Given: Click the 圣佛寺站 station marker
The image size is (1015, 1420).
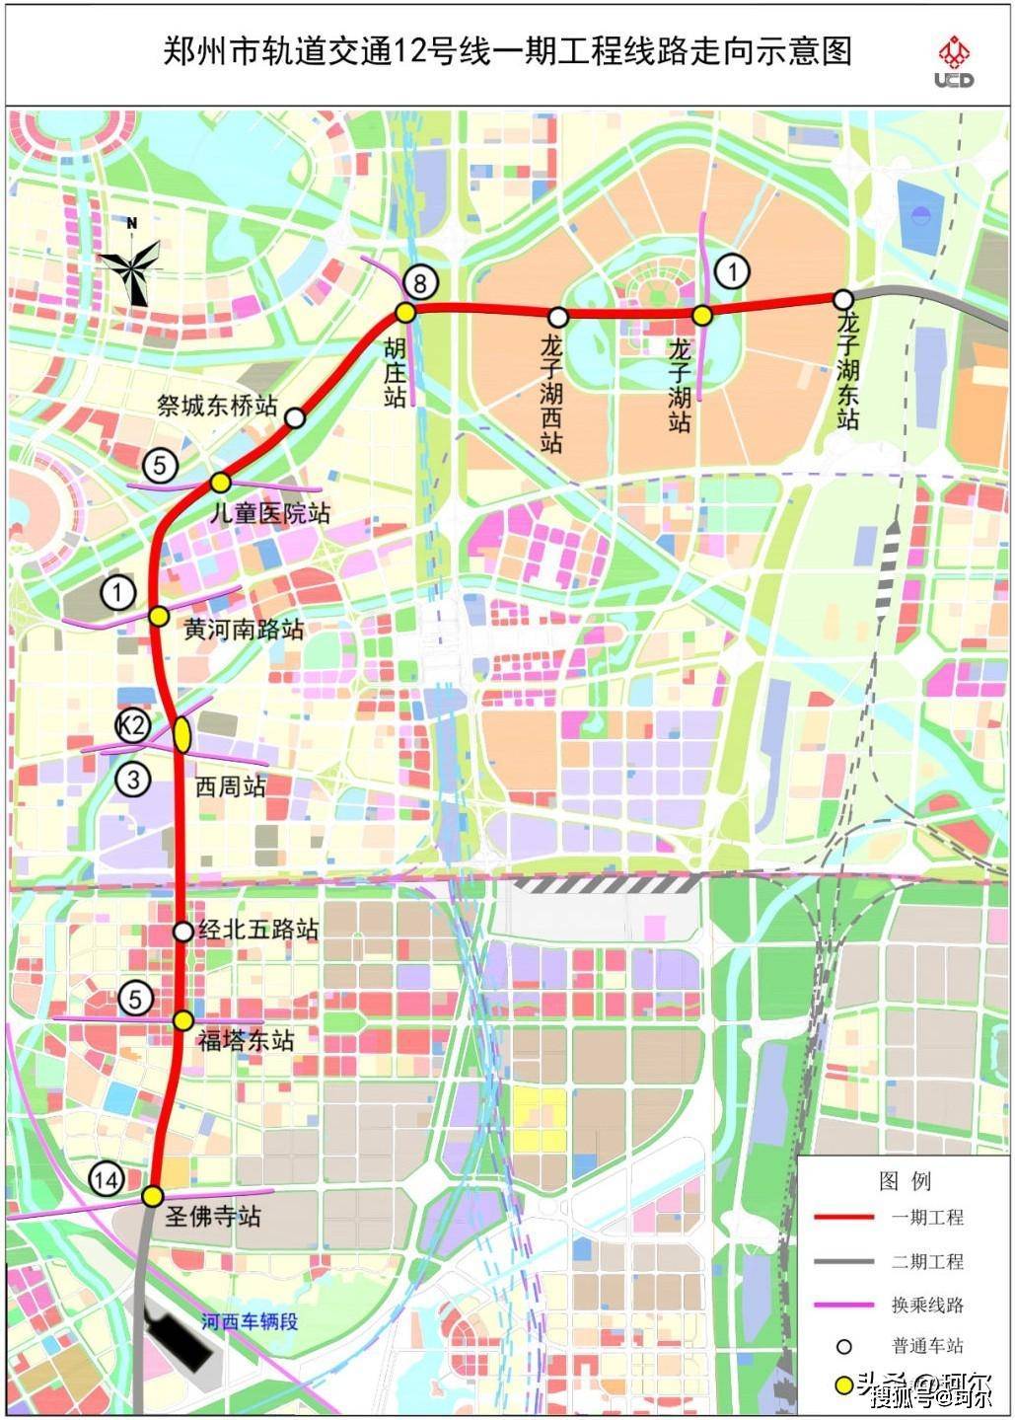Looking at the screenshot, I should click(152, 1196).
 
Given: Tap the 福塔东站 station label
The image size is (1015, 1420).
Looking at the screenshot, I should click(246, 1040).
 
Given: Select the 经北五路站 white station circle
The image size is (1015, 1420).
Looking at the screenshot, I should click(182, 931).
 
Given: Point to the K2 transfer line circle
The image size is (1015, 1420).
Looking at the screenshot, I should click(131, 727).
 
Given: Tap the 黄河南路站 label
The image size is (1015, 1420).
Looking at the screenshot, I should click(244, 629).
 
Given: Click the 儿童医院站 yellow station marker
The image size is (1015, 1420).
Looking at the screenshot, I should click(220, 482).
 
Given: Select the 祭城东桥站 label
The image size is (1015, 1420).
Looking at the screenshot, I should click(217, 405).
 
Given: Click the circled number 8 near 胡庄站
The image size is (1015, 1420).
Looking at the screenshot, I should click(419, 283).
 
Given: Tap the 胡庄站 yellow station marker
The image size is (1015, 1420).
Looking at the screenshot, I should click(404, 313).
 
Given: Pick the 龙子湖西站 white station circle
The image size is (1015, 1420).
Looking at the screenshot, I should click(558, 317).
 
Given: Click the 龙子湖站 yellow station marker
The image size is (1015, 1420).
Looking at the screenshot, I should click(701, 316).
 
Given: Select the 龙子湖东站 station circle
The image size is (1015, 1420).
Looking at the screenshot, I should click(842, 299).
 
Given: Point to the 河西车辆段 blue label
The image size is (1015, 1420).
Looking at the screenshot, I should click(249, 1321).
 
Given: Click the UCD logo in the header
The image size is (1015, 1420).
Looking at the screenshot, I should click(954, 61).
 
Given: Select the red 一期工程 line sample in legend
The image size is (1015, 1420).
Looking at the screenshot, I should click(843, 1218).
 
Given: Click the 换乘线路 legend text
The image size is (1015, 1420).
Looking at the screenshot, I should click(927, 1305).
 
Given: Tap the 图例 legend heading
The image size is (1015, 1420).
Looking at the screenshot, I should click(905, 1180).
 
